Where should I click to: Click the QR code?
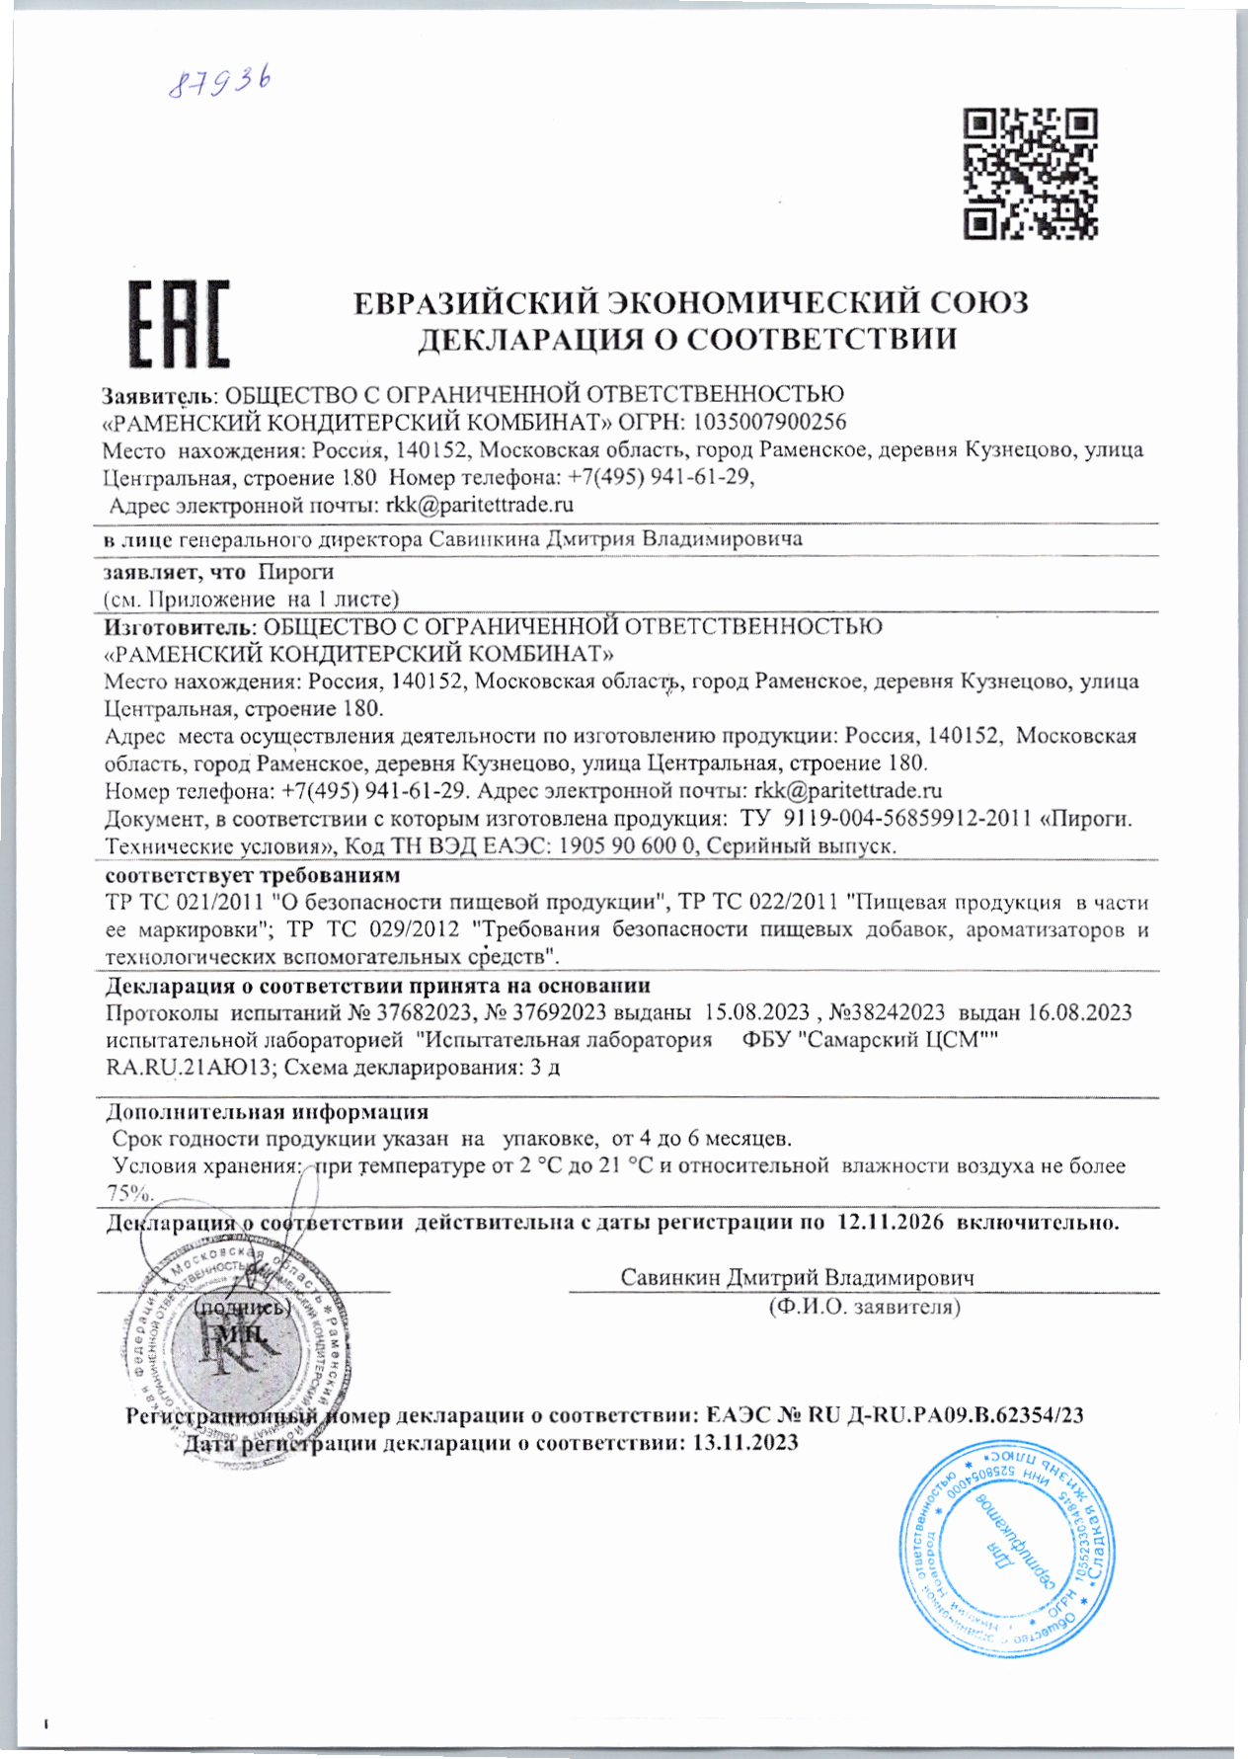click(x=1031, y=175)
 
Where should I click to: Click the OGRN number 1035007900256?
click(x=769, y=423)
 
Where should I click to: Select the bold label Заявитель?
click(x=158, y=396)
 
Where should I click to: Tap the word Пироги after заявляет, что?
click(x=295, y=572)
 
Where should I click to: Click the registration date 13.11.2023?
click(x=745, y=1443)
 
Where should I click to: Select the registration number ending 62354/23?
click(x=946, y=1415)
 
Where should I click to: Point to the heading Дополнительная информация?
click(x=267, y=1112)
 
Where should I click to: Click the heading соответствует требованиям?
click(x=253, y=875)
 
